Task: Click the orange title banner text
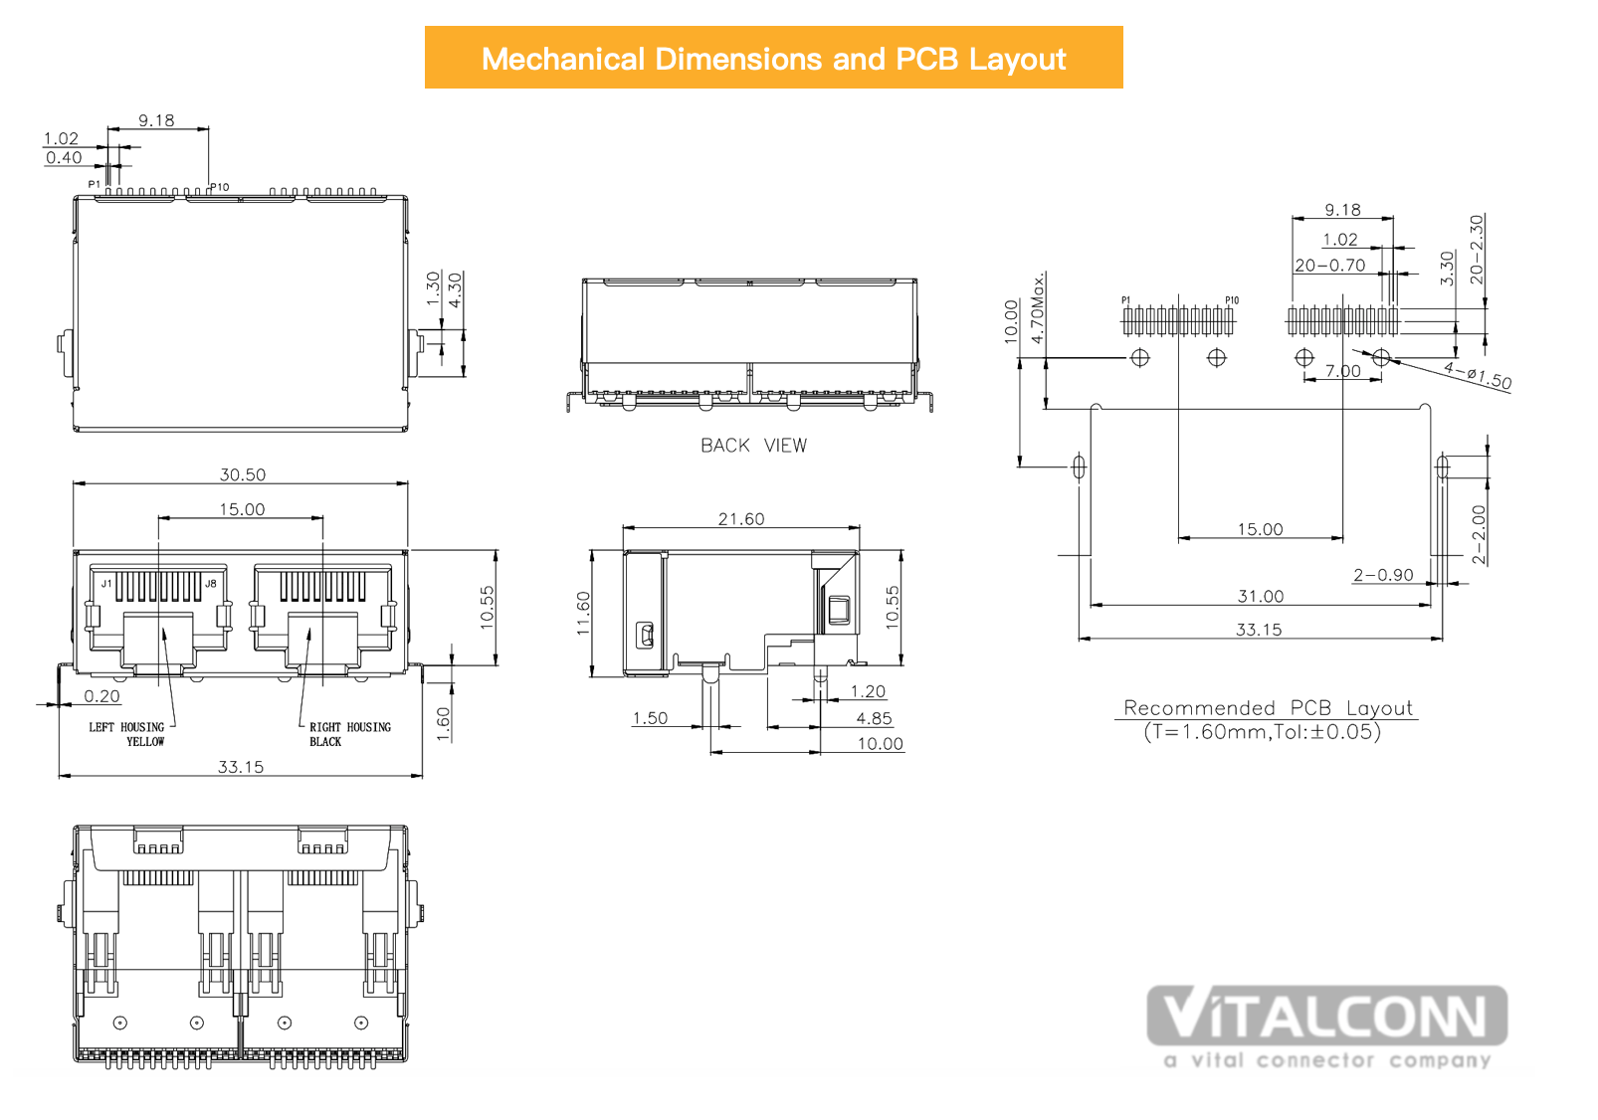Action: [x=773, y=59]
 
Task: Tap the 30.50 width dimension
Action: [x=243, y=474]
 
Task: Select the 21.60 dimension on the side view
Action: [x=741, y=519]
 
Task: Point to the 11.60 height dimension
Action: [x=583, y=613]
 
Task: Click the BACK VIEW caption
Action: [x=754, y=446]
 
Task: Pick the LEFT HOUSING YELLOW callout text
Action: [x=127, y=734]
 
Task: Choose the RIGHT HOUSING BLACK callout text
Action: [x=350, y=734]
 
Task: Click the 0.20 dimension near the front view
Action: [x=102, y=696]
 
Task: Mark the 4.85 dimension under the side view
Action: [x=875, y=718]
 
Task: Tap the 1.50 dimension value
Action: [x=650, y=718]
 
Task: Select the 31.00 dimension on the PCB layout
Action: [x=1261, y=596]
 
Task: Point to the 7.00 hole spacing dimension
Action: [x=1343, y=371]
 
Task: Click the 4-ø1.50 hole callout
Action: [x=1478, y=376]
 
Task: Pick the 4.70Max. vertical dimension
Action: [x=1038, y=308]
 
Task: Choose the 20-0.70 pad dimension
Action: [x=1330, y=266]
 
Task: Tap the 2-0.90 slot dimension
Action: [x=1383, y=575]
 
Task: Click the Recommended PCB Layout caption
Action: [x=1268, y=708]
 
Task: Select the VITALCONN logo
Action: [x=1327, y=1027]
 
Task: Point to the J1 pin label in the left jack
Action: [x=106, y=584]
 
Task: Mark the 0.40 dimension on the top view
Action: [x=65, y=157]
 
